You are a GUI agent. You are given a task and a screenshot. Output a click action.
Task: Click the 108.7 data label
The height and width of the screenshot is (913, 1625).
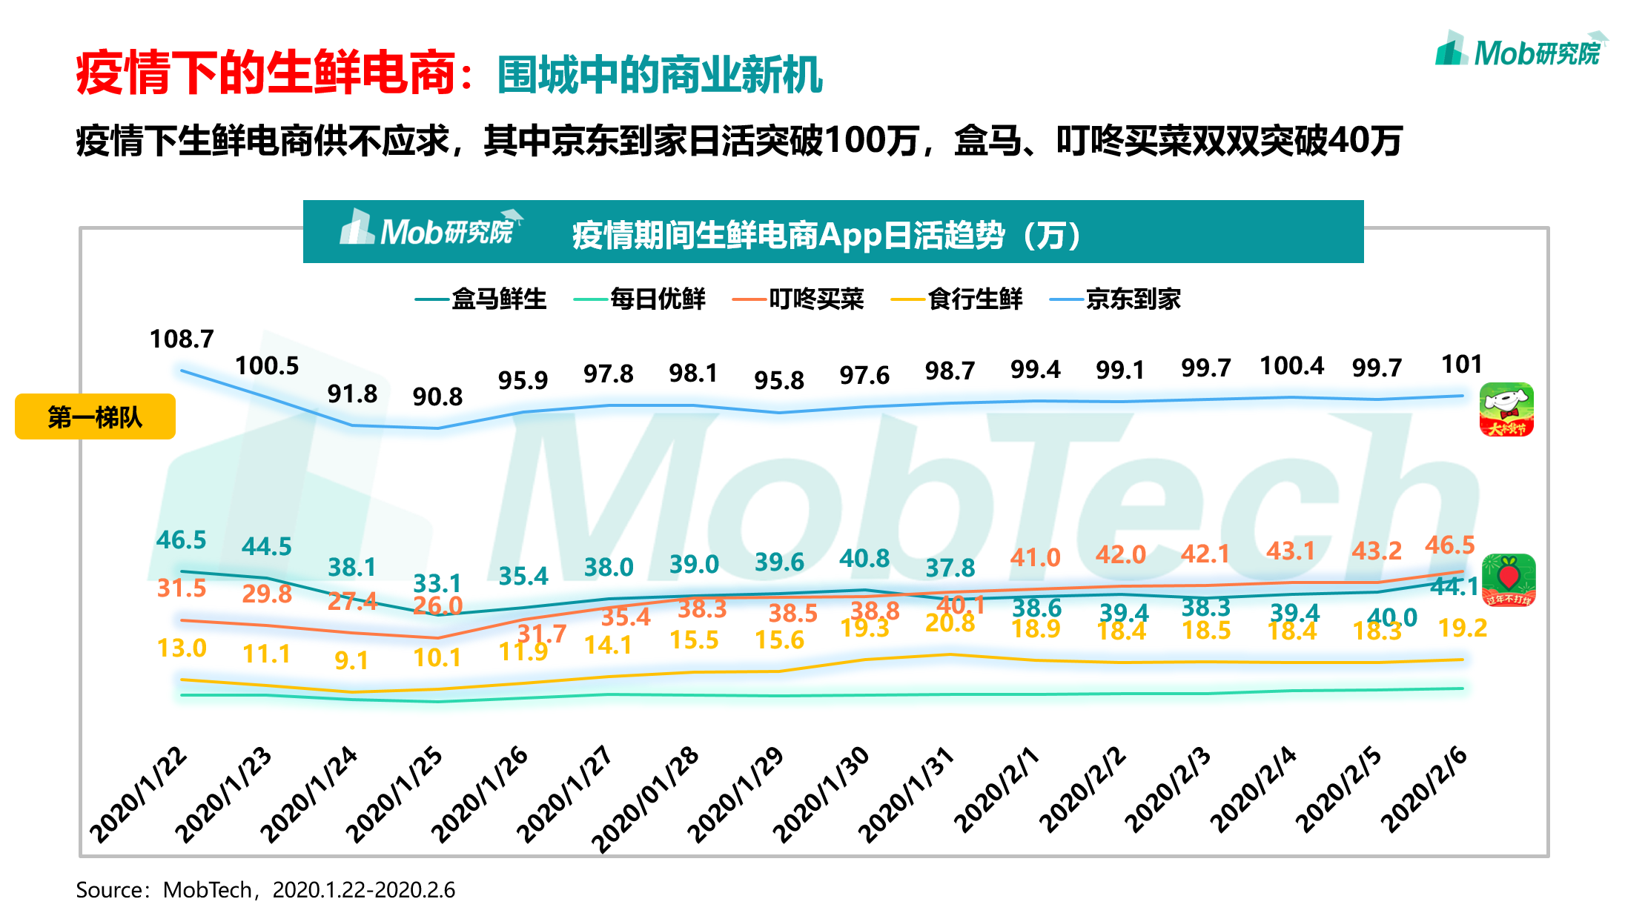pyautogui.click(x=182, y=339)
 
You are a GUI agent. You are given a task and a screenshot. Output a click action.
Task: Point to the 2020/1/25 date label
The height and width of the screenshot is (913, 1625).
pyautogui.click(x=394, y=795)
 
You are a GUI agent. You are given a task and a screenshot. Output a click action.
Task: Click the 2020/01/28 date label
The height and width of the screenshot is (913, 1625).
pyautogui.click(x=645, y=799)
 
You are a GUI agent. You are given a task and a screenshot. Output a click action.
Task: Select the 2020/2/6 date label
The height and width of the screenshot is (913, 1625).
pyautogui.click(x=1423, y=789)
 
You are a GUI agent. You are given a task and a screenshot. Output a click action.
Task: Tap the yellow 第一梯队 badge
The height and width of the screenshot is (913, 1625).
pyautogui.click(x=95, y=416)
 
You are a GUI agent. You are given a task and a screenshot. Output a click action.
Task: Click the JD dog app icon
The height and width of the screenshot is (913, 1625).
pyautogui.click(x=1506, y=410)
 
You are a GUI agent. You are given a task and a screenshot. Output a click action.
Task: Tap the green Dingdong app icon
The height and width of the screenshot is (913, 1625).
pyautogui.click(x=1508, y=580)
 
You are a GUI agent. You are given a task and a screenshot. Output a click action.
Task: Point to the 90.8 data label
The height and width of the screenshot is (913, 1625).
pyautogui.click(x=437, y=396)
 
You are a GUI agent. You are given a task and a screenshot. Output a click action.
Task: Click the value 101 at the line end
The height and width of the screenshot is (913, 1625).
pyautogui.click(x=1461, y=364)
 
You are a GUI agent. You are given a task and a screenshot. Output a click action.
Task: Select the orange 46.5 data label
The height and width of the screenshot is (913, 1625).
pyautogui.click(x=1449, y=545)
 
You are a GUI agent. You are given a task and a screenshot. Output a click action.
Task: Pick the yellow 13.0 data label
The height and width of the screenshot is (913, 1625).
pyautogui.click(x=182, y=648)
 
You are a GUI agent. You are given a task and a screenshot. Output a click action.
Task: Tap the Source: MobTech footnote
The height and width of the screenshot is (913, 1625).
pyautogui.click(x=265, y=889)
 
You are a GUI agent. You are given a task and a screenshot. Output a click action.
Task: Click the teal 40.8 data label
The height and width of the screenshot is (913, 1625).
pyautogui.click(x=864, y=558)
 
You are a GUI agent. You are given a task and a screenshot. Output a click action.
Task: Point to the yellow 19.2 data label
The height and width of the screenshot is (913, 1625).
pyautogui.click(x=1462, y=628)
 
